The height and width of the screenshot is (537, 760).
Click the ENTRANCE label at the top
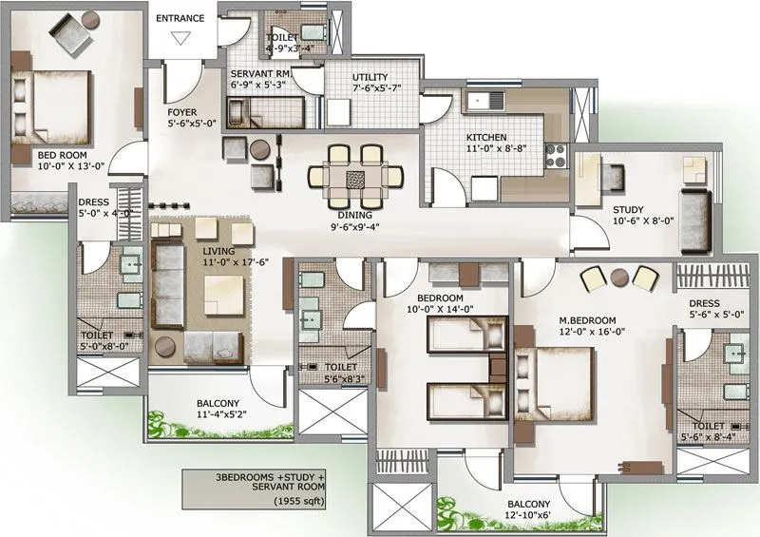(x=180, y=17)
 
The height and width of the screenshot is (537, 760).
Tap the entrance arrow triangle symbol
(x=180, y=38)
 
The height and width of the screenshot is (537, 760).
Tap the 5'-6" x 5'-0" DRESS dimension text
(x=715, y=313)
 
